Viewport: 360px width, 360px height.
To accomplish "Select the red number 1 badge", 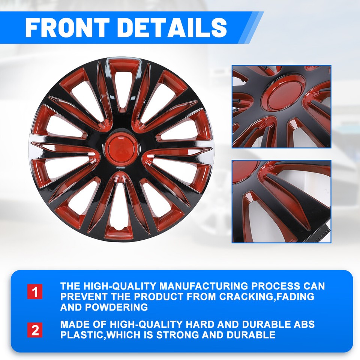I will tap(35, 292).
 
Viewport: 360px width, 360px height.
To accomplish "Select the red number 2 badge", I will tap(35, 330).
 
